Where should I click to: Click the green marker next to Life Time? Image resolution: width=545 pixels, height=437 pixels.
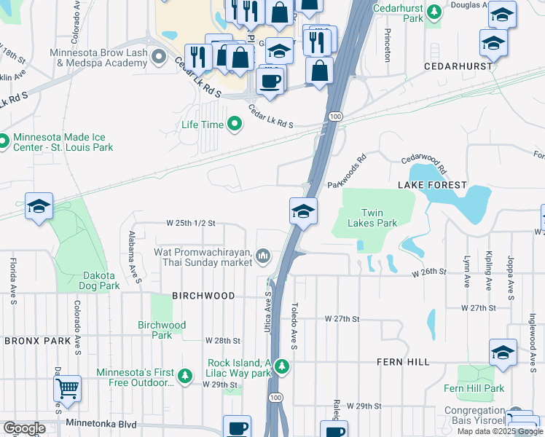click(x=235, y=125)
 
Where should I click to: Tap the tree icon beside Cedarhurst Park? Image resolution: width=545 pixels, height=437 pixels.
click(x=435, y=12)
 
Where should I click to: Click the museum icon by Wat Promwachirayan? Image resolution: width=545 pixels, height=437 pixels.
click(x=262, y=256)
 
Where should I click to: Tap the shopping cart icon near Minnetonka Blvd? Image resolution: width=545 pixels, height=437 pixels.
click(x=68, y=389)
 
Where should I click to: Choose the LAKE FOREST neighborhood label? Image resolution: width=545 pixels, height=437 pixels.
click(x=432, y=185)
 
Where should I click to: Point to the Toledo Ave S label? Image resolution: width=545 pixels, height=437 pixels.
click(x=295, y=326)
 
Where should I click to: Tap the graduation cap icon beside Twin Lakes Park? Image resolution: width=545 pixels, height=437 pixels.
click(x=303, y=210)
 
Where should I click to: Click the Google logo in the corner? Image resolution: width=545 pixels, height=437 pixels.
click(x=23, y=428)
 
